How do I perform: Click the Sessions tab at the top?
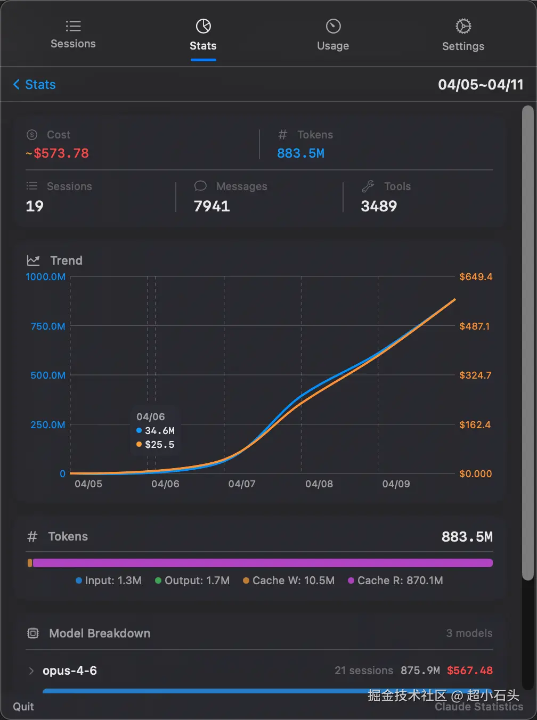pyautogui.click(x=73, y=35)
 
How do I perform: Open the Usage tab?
pyautogui.click(x=333, y=36)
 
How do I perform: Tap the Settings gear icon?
pyautogui.click(x=463, y=26)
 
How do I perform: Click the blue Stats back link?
pyautogui.click(x=35, y=85)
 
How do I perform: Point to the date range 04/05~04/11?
pyautogui.click(x=481, y=85)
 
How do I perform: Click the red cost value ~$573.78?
pyautogui.click(x=58, y=153)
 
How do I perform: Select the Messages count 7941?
pyautogui.click(x=211, y=206)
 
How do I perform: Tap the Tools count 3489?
pyautogui.click(x=379, y=206)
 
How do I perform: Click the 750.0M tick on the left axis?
pyautogui.click(x=48, y=326)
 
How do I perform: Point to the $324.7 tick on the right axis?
pyautogui.click(x=475, y=375)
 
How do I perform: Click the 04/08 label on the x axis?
pyautogui.click(x=319, y=484)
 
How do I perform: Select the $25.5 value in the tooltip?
pyautogui.click(x=159, y=444)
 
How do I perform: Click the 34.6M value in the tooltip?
pyautogui.click(x=159, y=430)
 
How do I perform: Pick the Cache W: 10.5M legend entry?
pyautogui.click(x=289, y=580)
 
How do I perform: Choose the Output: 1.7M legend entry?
pyautogui.click(x=192, y=580)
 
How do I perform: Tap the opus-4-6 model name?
pyautogui.click(x=70, y=670)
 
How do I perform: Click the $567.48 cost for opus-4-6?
pyautogui.click(x=469, y=670)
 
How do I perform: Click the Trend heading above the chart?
pyautogui.click(x=66, y=260)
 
